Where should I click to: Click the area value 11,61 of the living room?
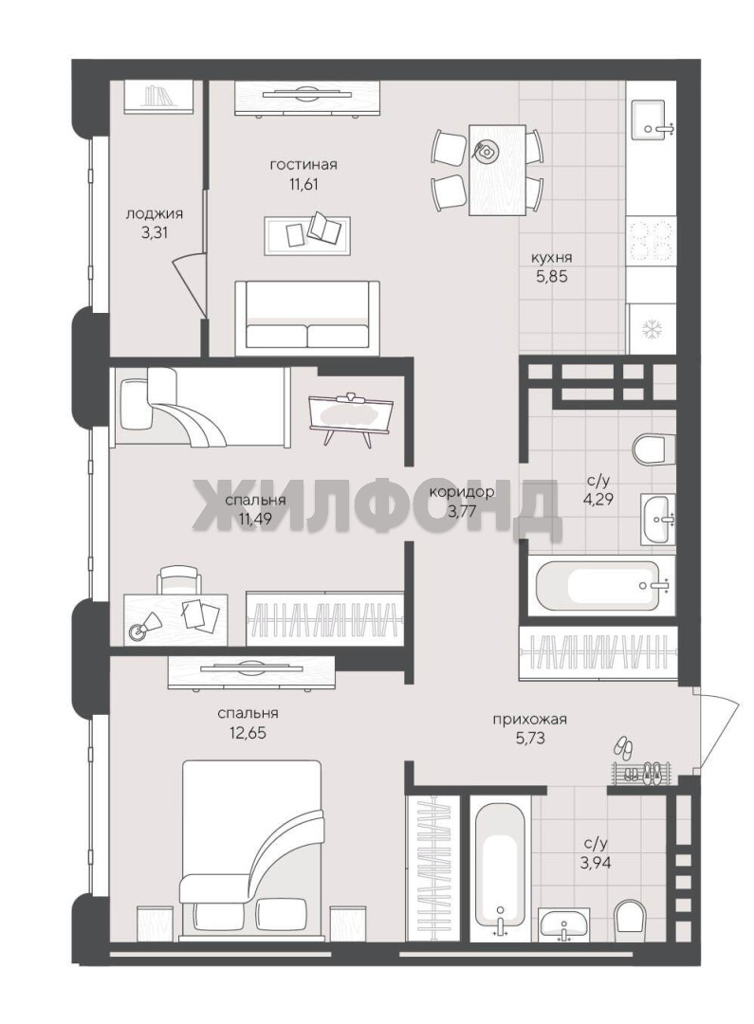[x=303, y=184]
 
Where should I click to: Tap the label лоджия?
[x=155, y=213]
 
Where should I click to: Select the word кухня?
[x=550, y=257]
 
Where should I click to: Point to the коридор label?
[x=461, y=491]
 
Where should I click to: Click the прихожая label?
[x=529, y=720]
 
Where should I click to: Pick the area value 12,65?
[x=243, y=733]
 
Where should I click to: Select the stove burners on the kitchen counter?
[x=651, y=240]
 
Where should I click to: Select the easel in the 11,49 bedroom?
[x=351, y=418]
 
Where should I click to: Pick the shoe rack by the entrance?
[x=642, y=773]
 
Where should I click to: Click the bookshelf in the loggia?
[x=158, y=97]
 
